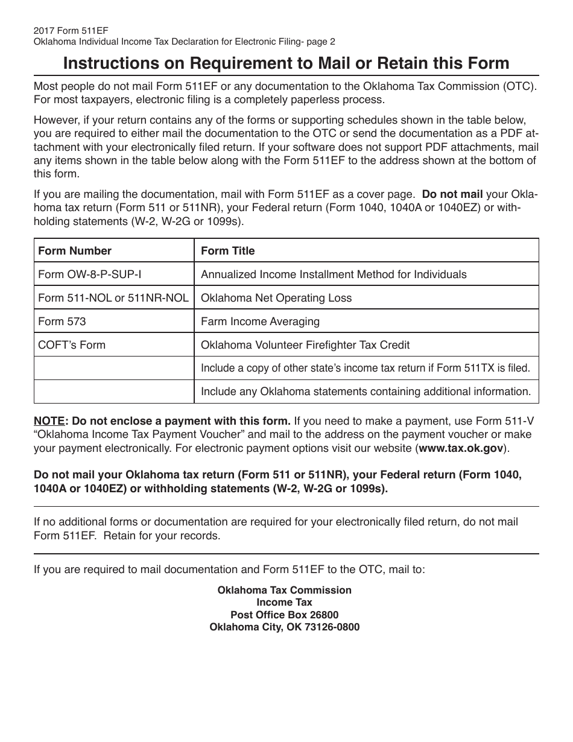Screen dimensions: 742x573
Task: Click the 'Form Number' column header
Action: [75, 251]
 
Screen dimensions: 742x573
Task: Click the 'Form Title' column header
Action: [227, 251]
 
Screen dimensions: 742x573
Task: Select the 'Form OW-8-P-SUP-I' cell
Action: [90, 274]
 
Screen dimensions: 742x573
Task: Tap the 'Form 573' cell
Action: [62, 322]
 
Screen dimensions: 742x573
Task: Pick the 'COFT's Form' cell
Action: [72, 345]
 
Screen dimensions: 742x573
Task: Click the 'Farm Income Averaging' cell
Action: [260, 322]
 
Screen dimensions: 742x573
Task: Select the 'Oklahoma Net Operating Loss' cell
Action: [276, 298]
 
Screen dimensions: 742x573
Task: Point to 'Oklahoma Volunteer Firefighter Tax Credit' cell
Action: [305, 345]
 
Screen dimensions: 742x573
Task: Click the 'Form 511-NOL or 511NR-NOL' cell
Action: [113, 298]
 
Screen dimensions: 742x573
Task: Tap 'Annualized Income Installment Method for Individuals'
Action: [334, 274]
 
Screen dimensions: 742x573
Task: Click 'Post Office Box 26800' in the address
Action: [285, 615]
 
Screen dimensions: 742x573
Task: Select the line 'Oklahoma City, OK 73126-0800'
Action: [285, 627]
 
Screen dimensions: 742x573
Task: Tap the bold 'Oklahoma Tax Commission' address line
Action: [285, 590]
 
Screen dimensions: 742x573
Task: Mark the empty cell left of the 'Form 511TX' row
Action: [114, 368]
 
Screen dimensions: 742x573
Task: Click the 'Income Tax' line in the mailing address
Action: [285, 602]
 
